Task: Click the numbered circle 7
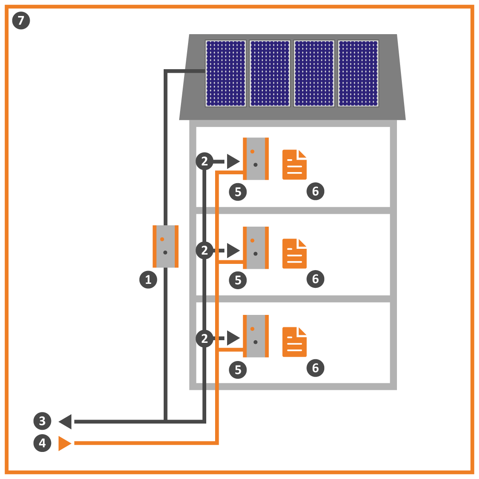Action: [21, 20]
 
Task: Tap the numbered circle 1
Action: [148, 279]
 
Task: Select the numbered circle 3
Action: [43, 421]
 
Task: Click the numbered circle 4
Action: [43, 443]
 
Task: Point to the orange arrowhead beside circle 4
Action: [65, 443]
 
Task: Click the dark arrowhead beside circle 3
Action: [65, 422]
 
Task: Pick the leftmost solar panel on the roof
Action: [226, 73]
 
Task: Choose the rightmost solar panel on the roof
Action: [358, 73]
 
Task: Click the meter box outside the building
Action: [165, 246]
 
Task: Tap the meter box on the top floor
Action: [256, 158]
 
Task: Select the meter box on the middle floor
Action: [256, 248]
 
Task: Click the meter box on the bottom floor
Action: [256, 336]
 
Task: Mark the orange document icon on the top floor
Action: [294, 165]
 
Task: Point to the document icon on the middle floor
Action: [294, 254]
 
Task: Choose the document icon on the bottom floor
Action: [294, 342]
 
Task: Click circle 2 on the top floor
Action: [204, 161]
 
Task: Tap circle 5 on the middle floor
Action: [238, 280]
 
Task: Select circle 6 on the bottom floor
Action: [316, 368]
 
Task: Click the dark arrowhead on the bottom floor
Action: [233, 338]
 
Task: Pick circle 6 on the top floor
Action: [316, 191]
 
